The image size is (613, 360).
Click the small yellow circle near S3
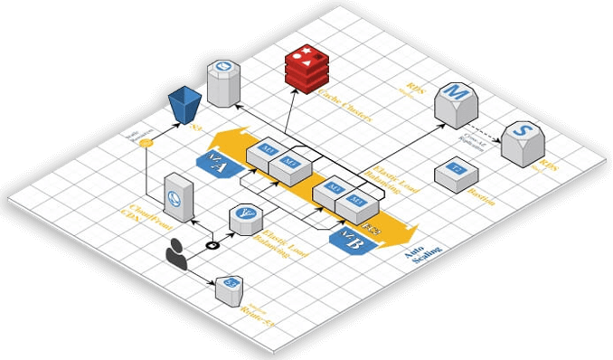pyautogui.click(x=146, y=143)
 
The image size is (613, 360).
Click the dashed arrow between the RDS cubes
pyautogui.click(x=488, y=121)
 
